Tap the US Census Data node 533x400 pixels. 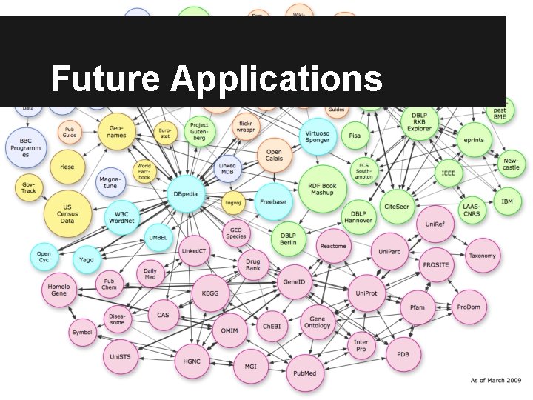pyautogui.click(x=67, y=210)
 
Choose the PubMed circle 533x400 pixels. pyautogui.click(x=305, y=373)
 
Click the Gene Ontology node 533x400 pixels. pyautogui.click(x=318, y=319)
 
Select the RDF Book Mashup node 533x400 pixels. pyautogui.click(x=318, y=188)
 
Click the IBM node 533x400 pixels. pyautogui.click(x=507, y=201)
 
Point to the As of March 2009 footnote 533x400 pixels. pyautogui.click(x=496, y=380)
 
